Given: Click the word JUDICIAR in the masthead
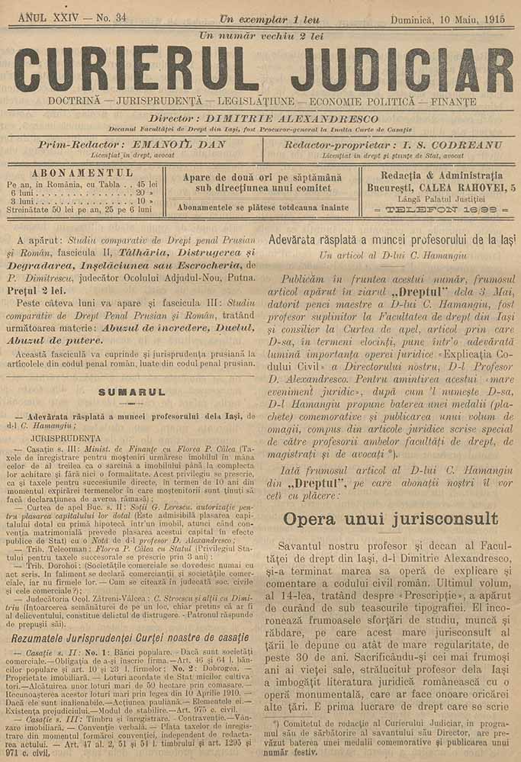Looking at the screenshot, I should [x=401, y=69].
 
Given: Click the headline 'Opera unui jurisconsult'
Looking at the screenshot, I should [x=390, y=519].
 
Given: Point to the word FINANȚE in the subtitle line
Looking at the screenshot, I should [x=453, y=101].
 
